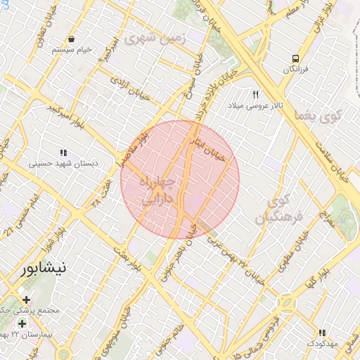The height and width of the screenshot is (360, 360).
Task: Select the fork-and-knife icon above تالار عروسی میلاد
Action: point(256,94)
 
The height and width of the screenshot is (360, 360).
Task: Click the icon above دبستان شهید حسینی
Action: point(63,152)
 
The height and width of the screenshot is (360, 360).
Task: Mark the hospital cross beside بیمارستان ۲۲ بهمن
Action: point(22,324)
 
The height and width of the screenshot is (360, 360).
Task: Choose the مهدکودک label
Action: point(322,343)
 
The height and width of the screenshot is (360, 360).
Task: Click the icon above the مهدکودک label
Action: point(322,333)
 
